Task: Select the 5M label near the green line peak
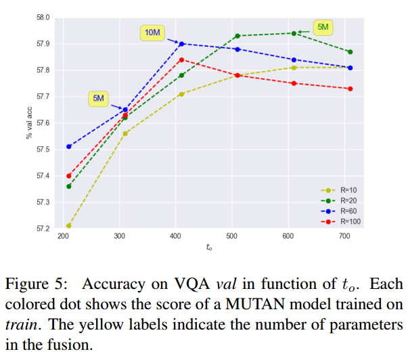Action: [323, 28]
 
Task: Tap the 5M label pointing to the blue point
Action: [98, 99]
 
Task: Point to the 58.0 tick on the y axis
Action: [43, 17]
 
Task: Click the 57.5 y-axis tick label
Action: [43, 150]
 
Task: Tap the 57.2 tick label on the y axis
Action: [43, 229]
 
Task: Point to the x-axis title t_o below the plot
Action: [209, 248]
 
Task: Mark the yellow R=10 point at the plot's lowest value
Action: [68, 225]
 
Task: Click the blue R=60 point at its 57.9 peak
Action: [181, 43]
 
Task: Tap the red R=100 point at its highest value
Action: [181, 60]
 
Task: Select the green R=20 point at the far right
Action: [350, 52]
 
